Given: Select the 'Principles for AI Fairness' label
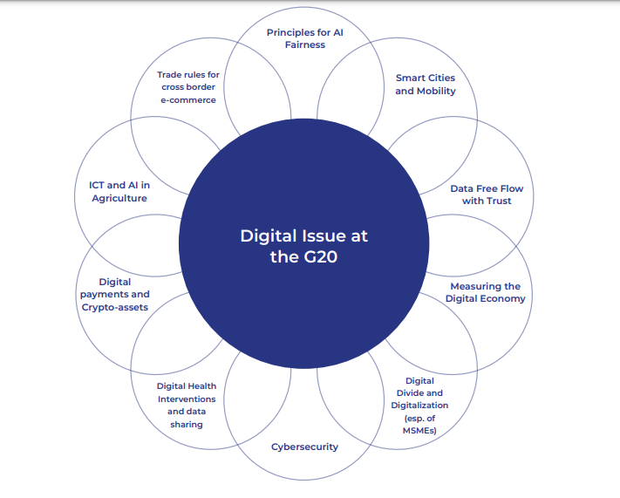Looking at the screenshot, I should click(x=305, y=38).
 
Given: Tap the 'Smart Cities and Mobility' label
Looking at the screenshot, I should click(x=426, y=85).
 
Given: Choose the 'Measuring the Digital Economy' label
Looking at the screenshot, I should click(x=485, y=292).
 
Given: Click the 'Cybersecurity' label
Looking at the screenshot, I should click(x=304, y=447).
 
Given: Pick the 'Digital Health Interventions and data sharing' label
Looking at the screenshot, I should click(x=187, y=405).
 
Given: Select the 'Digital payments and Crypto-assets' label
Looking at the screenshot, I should click(x=115, y=294).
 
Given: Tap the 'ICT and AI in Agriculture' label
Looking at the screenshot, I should click(x=119, y=192).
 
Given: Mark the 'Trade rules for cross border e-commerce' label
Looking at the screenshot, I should click(x=187, y=87).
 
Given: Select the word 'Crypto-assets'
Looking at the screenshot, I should click(x=115, y=307).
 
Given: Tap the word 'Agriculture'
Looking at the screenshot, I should click(x=119, y=198).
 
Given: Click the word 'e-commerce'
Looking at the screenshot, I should click(x=187, y=100).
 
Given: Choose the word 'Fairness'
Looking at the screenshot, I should click(x=305, y=45).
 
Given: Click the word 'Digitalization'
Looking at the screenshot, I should click(x=419, y=405).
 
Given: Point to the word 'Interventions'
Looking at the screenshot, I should click(x=187, y=399).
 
